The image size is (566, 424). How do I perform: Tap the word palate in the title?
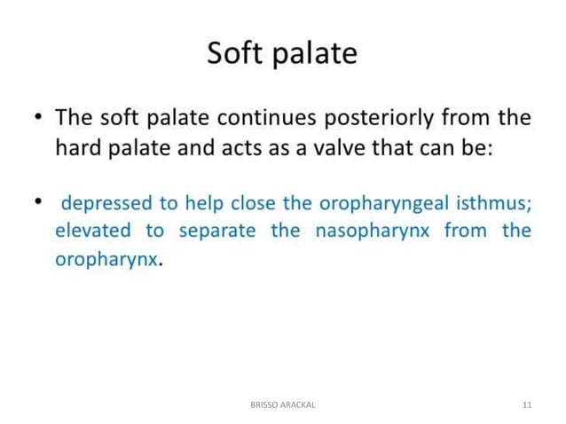pos(313,54)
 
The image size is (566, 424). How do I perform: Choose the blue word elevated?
pos(93,232)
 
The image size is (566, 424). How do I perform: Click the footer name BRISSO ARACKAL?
pos(283,404)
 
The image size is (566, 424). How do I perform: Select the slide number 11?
pos(527,404)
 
